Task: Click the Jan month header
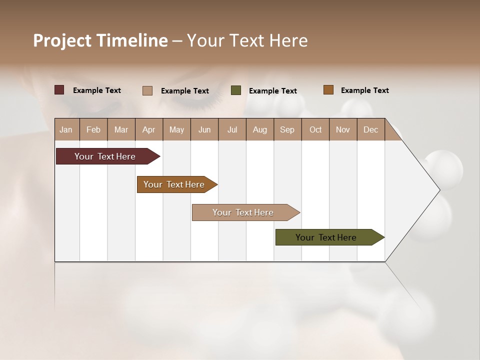[x=66, y=129]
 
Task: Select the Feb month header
[x=93, y=129]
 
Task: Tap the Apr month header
[x=148, y=129]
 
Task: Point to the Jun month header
[x=204, y=129]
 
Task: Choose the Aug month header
[x=259, y=129]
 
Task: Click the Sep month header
[x=287, y=129]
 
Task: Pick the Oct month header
[x=315, y=129]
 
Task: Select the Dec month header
[x=370, y=129]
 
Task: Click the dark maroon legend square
[x=59, y=90]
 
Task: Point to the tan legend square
[x=147, y=90]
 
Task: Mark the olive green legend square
[x=236, y=90]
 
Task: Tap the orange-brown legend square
[x=328, y=90]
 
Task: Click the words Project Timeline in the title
[x=100, y=40]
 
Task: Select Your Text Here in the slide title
[x=247, y=40]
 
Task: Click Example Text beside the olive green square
[x=272, y=90]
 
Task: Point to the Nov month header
[x=342, y=129]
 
